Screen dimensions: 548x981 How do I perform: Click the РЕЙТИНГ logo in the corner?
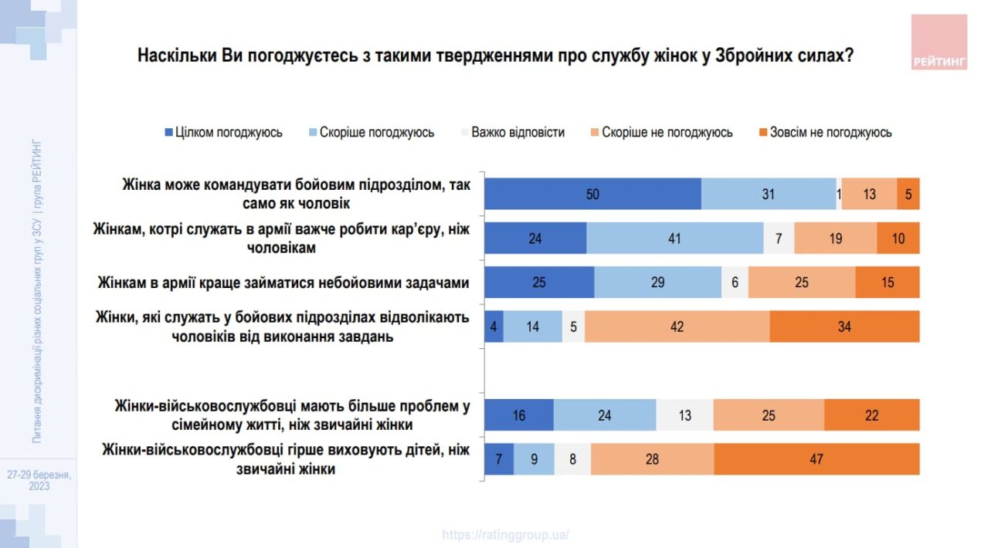point(939,42)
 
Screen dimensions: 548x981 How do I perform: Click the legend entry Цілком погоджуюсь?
point(223,133)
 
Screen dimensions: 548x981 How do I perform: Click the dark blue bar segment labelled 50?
point(592,194)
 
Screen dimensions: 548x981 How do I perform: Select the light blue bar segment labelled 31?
point(768,194)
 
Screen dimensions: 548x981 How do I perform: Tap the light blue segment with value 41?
point(674,238)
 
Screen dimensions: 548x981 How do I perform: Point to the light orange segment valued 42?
point(677,326)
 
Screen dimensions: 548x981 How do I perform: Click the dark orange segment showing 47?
point(816,459)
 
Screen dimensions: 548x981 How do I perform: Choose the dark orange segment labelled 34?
point(844,326)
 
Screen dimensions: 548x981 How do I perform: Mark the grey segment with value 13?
point(684,415)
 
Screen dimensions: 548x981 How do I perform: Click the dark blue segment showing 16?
point(518,415)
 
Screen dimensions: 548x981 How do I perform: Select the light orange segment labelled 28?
point(652,459)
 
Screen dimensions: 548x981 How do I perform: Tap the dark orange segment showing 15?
point(888,282)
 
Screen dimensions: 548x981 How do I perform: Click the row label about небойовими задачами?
point(283,282)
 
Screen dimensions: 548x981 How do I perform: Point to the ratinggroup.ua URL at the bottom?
point(506,534)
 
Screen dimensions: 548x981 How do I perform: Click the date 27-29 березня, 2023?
point(39,480)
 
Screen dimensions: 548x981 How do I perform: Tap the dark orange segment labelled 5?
point(908,194)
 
